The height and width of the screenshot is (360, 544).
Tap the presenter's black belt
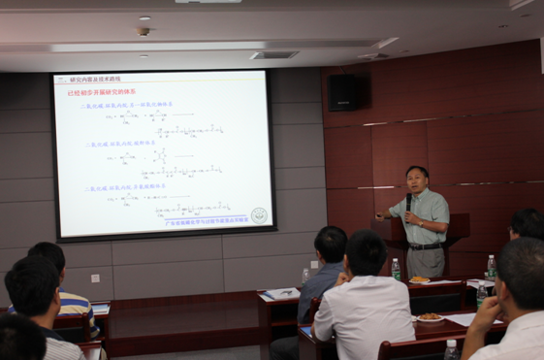pos(426,246)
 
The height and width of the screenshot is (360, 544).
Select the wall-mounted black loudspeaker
pos(347,92)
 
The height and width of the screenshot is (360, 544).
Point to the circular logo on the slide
pos(259,215)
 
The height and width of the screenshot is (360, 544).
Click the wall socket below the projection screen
pos(95,278)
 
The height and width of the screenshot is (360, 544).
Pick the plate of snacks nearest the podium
pos(419,280)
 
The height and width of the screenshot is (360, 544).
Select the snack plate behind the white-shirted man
pos(429,316)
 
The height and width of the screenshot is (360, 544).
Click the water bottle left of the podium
pos(396,268)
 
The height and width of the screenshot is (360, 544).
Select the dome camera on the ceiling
pos(144,31)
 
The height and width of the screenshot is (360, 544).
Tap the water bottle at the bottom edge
pos(451,349)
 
